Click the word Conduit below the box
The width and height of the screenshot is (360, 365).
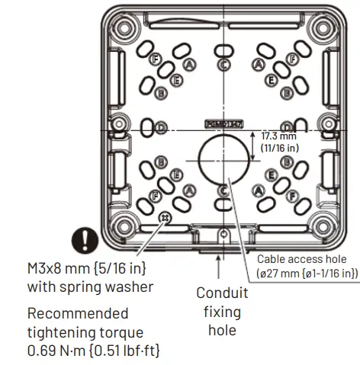pyautogui.click(x=222, y=293)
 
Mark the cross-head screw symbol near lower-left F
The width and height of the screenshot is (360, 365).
pyautogui.click(x=162, y=219)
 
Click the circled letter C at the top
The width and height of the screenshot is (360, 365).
pyautogui.click(x=223, y=65)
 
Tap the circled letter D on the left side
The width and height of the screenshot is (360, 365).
pyautogui.click(x=162, y=127)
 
